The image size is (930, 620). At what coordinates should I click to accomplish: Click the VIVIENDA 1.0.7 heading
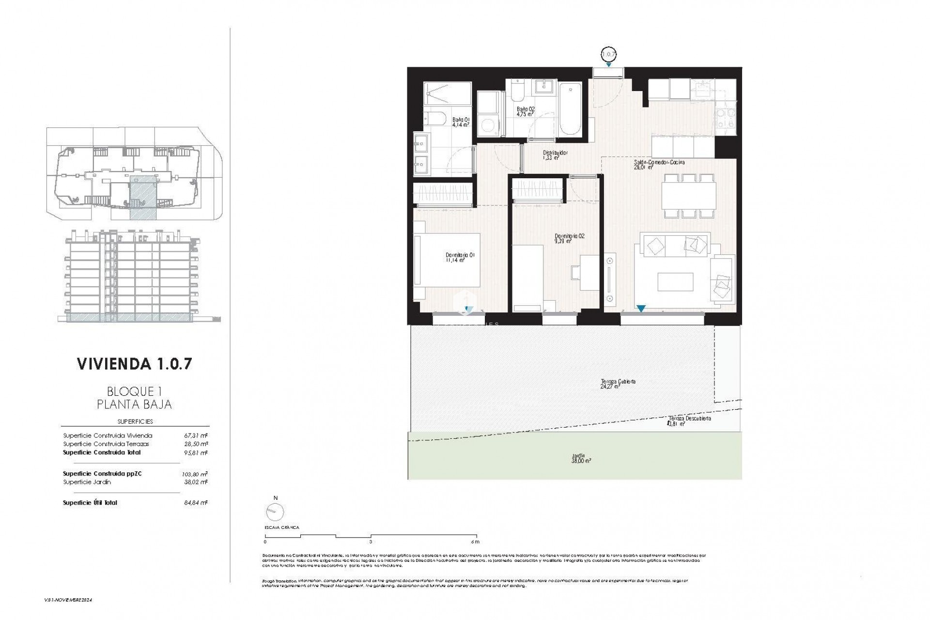(x=135, y=364)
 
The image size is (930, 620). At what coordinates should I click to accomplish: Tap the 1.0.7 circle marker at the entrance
(x=609, y=54)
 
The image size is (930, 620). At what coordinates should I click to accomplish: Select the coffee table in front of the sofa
(x=675, y=282)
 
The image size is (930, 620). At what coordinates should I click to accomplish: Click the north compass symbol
(x=275, y=511)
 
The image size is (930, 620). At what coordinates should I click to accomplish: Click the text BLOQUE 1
(x=134, y=391)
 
